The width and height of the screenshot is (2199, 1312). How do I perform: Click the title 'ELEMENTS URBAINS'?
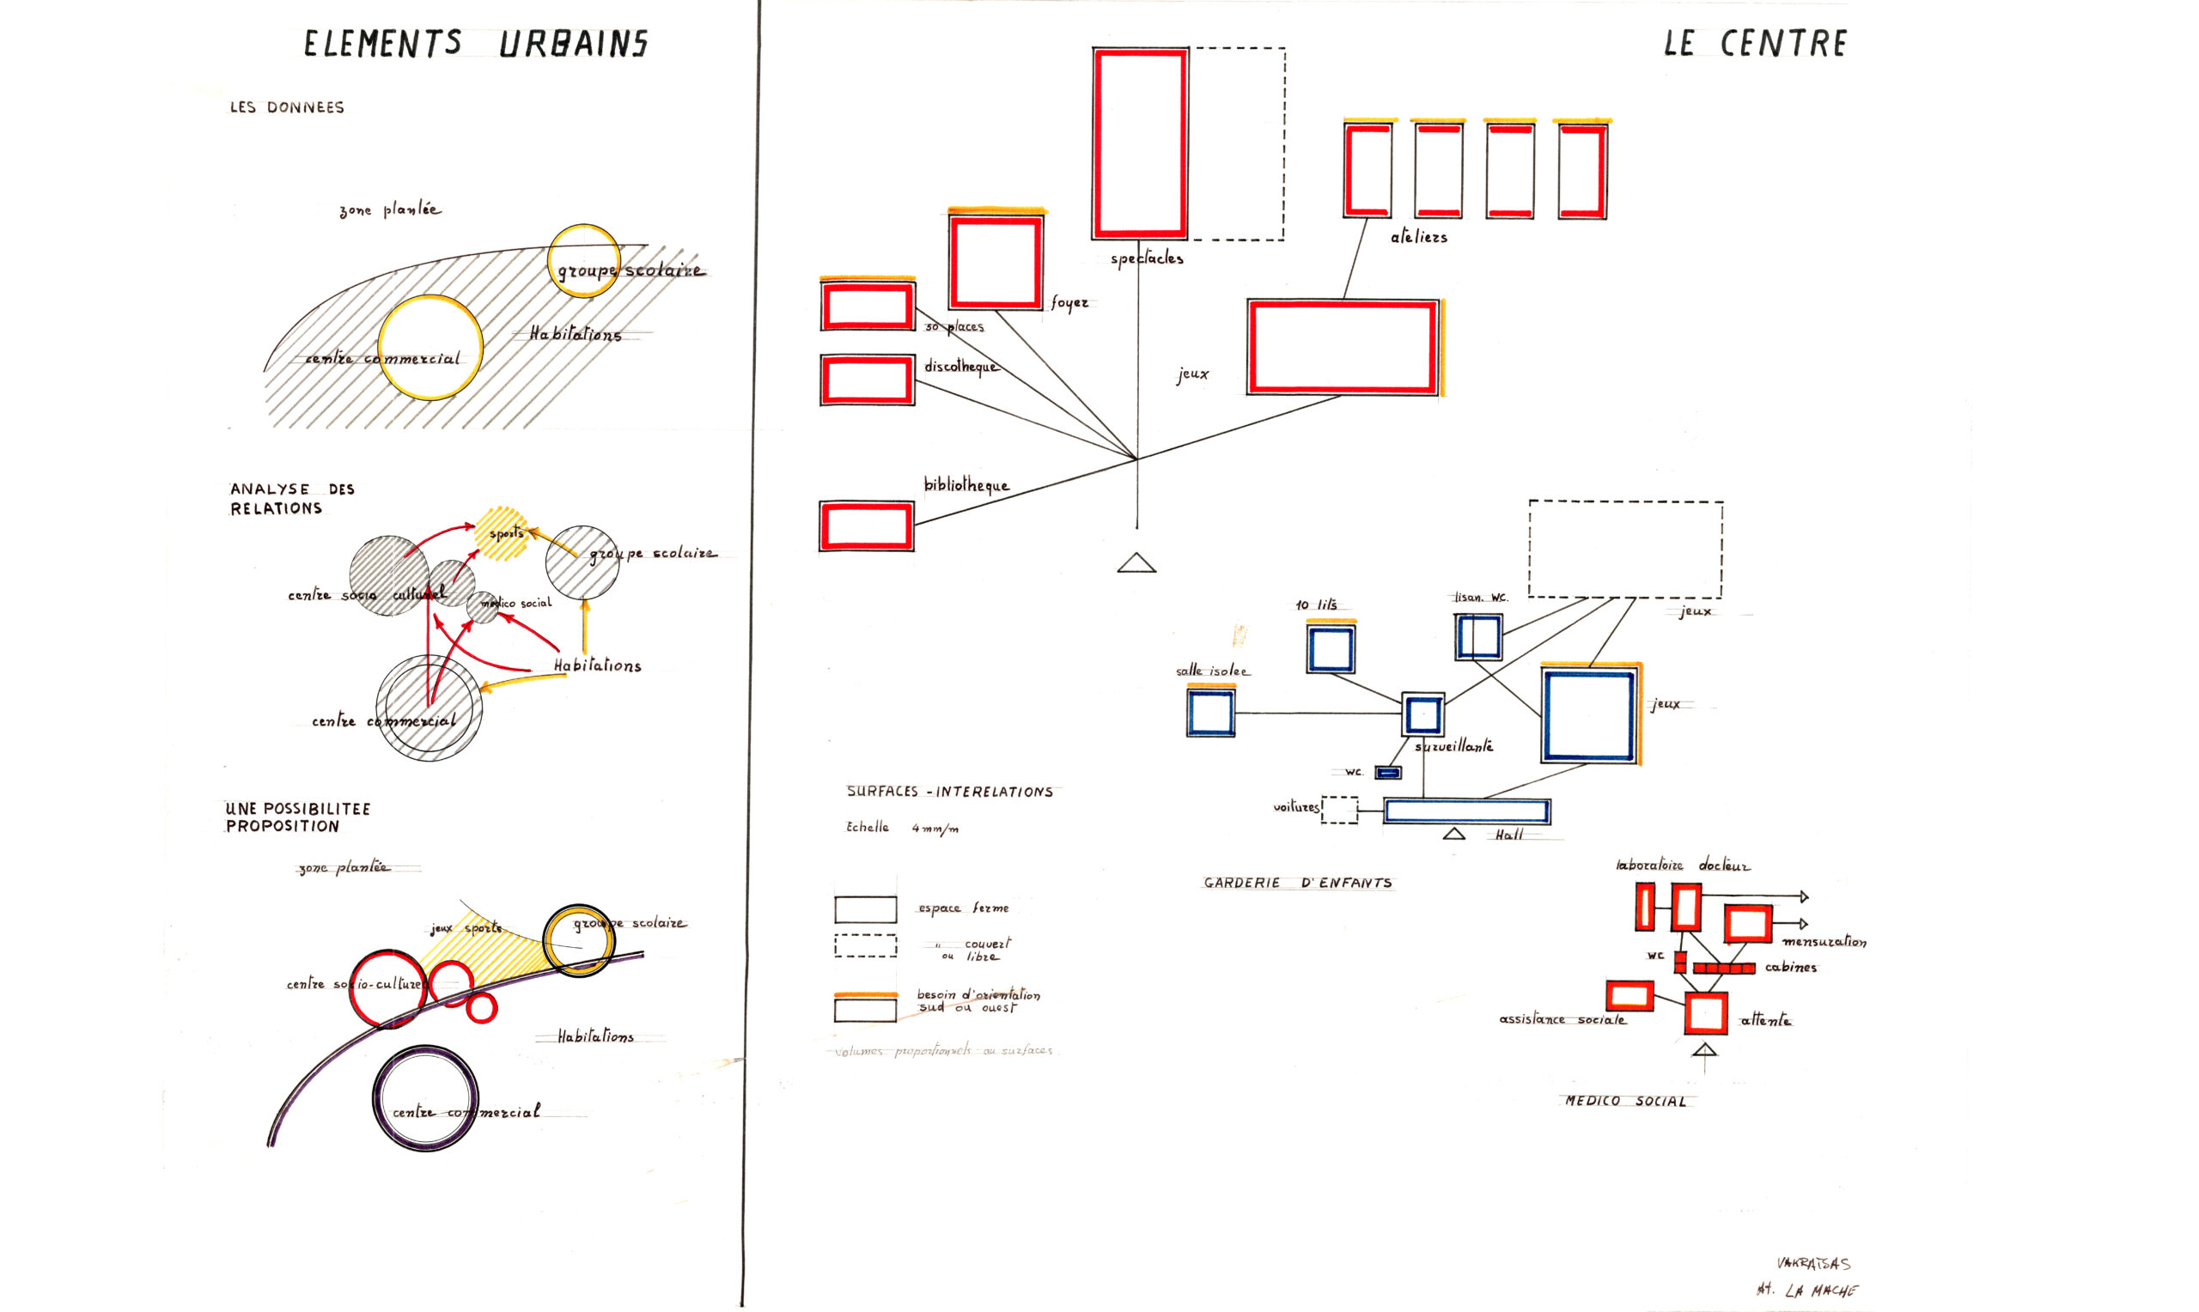[476, 43]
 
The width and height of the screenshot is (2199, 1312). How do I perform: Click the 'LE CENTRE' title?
[1755, 43]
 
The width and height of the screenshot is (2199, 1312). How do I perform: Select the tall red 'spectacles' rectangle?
[1140, 143]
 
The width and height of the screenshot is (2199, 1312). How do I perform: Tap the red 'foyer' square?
[996, 263]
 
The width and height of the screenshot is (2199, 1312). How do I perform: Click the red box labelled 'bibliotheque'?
[867, 526]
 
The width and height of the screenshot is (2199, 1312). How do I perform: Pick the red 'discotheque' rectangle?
[868, 380]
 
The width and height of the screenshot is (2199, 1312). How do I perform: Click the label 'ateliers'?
[1418, 237]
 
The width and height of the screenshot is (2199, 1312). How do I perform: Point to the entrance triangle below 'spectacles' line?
[1136, 563]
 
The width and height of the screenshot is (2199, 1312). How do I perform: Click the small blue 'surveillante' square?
[1422, 714]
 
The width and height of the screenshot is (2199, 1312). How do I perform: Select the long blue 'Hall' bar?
[1466, 811]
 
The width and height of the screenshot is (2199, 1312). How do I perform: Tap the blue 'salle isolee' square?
[1210, 713]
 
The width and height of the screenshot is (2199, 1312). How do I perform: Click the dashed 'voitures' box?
[1339, 810]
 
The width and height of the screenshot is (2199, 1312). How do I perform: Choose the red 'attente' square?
[1706, 1013]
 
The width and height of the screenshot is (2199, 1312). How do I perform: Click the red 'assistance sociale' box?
[1629, 995]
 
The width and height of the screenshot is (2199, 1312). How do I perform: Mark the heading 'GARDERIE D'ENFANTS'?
[1297, 884]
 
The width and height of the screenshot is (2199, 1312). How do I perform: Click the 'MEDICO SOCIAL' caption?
[1625, 1102]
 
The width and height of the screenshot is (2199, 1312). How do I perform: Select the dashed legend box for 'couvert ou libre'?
[866, 946]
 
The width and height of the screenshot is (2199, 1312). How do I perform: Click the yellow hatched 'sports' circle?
[502, 533]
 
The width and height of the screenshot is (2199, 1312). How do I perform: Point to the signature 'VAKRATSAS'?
[1812, 1264]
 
